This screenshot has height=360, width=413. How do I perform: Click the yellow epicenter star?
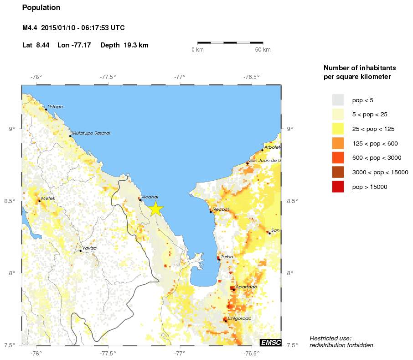tap(155, 208)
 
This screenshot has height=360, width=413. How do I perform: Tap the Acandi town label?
tap(150, 197)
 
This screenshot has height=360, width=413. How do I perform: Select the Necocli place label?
tap(221, 209)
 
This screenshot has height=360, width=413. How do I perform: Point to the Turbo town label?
tap(227, 257)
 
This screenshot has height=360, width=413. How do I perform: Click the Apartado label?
tap(246, 287)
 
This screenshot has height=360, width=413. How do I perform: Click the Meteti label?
tap(48, 198)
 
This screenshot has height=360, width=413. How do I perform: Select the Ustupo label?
tap(55, 107)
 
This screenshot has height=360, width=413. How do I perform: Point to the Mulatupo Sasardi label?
tap(91, 133)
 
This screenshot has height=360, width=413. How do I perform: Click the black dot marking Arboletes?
tap(262, 150)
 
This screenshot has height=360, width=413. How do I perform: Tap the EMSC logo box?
tap(270, 342)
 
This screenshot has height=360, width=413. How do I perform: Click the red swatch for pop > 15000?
tap(337, 187)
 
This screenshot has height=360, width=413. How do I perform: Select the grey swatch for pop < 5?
tap(337, 99)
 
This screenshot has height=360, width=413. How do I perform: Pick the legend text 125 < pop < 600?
tap(375, 143)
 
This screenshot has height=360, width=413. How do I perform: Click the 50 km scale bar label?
tap(263, 49)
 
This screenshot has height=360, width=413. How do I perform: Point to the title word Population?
tap(41, 8)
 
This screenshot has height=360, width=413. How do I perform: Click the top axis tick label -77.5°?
tap(108, 77)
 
